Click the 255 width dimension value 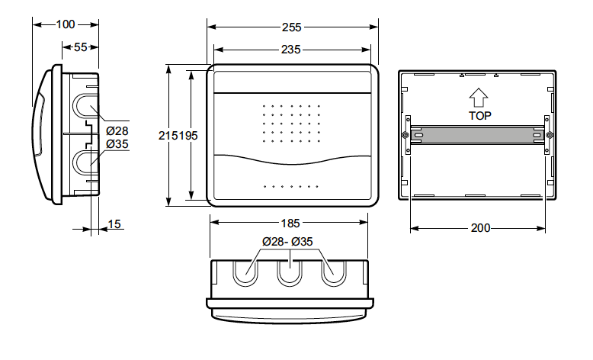click(x=292, y=27)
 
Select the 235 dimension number click(x=291, y=50)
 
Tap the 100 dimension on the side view click(x=66, y=24)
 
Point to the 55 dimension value click(x=80, y=47)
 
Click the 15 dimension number click(x=114, y=224)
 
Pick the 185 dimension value click(x=290, y=223)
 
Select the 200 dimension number click(x=480, y=228)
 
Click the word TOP click(x=480, y=116)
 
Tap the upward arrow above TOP click(x=479, y=98)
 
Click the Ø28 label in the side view click(x=117, y=131)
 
